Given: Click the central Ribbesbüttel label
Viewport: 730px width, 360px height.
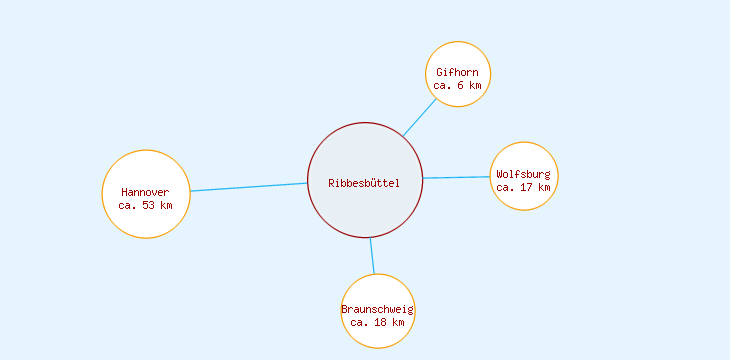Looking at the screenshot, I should tap(364, 182).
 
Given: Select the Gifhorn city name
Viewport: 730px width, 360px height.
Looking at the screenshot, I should tap(457, 72).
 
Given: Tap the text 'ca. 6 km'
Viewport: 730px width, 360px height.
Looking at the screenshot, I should tap(457, 86).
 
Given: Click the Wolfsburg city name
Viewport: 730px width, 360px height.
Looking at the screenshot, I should tap(523, 174).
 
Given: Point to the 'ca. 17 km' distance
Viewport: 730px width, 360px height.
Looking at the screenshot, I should tap(523, 187).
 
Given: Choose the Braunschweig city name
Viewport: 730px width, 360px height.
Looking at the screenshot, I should tap(377, 309).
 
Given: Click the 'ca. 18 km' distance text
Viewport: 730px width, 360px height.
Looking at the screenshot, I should tap(377, 322).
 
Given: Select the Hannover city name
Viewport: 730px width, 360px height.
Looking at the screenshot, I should tap(145, 192).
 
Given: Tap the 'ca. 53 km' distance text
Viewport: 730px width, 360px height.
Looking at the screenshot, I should tap(145, 205).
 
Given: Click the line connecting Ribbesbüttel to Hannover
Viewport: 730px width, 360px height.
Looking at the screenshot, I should tap(249, 187).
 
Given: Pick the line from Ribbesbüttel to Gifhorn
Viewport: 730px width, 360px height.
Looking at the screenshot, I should tap(420, 116).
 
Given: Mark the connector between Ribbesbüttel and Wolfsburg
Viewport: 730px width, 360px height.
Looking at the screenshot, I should tap(456, 178).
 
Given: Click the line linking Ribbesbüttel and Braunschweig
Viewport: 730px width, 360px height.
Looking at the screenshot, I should tap(372, 255).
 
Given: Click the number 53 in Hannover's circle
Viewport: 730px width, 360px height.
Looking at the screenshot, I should tap(149, 205).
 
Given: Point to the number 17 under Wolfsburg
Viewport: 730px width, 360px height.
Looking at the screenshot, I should tap(526, 187).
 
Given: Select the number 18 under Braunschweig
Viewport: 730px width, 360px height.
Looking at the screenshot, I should tap(380, 322).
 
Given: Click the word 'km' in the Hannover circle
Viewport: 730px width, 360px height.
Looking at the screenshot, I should tap(166, 205).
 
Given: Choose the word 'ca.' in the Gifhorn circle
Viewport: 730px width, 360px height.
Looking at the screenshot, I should tap(443, 86).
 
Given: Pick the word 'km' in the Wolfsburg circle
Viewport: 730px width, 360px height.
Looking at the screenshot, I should tap(543, 187).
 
